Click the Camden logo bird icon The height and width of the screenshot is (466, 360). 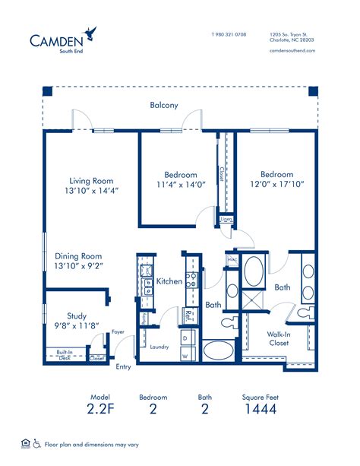93,33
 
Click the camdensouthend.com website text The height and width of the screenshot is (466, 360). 292,51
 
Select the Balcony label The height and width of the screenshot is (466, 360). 164,105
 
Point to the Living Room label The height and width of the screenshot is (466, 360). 92,181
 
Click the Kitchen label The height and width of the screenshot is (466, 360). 169,281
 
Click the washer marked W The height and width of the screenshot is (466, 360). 185,355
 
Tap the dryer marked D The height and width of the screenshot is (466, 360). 185,338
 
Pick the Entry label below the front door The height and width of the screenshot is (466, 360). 123,366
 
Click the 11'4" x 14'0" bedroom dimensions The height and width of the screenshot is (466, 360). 181,185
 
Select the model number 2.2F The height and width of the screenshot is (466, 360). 100,409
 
